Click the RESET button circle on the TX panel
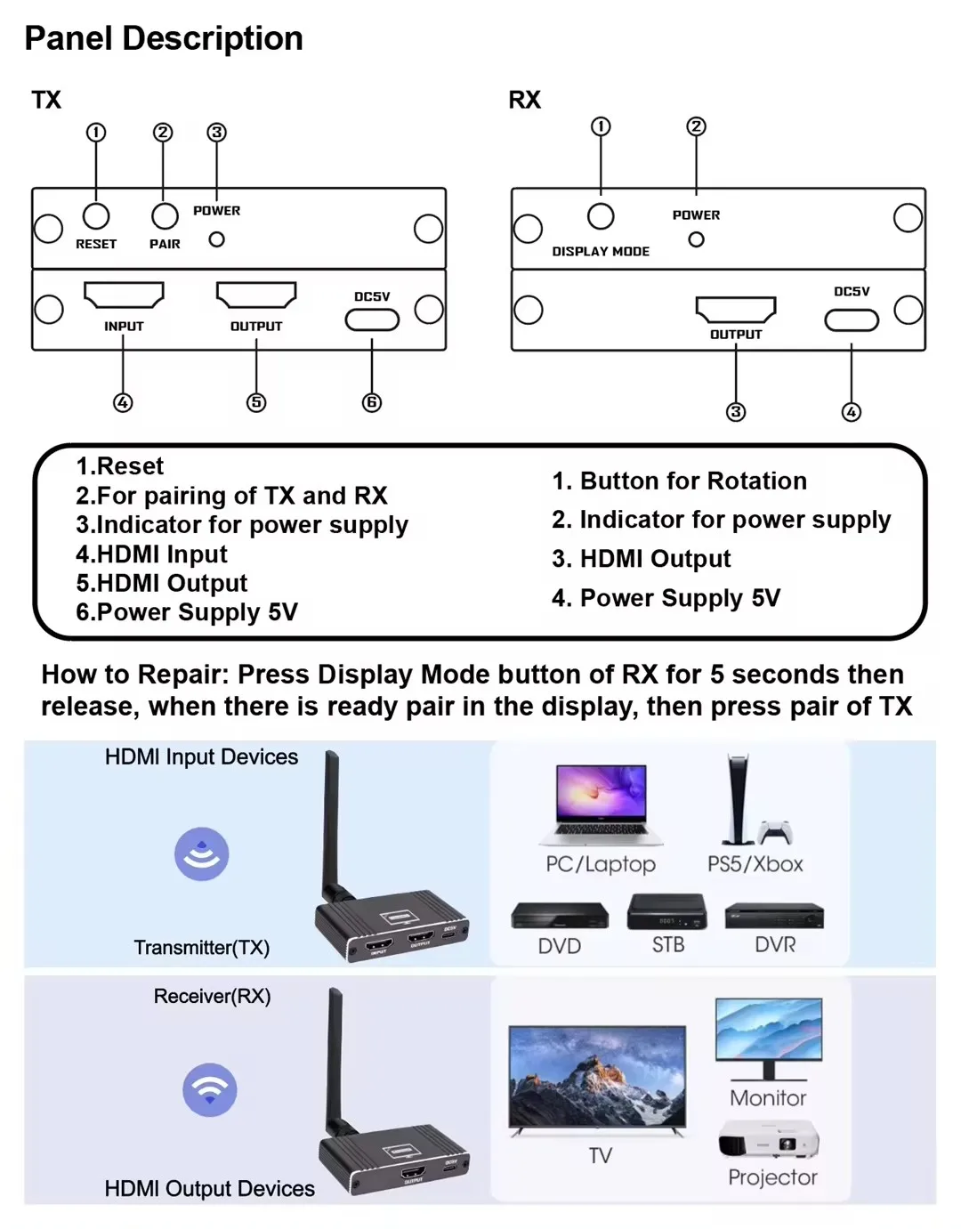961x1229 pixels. [96, 216]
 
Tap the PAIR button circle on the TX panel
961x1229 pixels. [165, 216]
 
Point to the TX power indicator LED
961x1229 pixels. [216, 239]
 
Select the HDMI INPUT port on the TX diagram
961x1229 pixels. [124, 294]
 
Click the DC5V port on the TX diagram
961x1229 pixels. [372, 319]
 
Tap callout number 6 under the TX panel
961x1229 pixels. [372, 403]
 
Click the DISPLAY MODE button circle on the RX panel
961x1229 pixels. [601, 216]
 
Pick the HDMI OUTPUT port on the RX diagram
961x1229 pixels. [736, 309]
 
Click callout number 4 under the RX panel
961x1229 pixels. [852, 412]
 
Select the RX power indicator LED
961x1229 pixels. [696, 239]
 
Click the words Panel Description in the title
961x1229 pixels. [164, 38]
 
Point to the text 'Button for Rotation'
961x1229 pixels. [693, 481]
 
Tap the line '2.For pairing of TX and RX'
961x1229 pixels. [231, 495]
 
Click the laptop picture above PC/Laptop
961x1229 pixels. [601, 804]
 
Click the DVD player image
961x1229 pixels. [559, 917]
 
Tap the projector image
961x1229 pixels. [769, 1139]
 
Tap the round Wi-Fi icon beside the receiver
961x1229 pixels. [210, 1089]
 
